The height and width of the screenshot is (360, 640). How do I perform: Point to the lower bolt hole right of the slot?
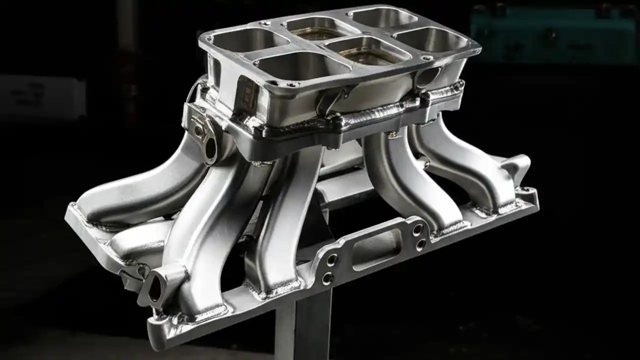click(421, 244)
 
